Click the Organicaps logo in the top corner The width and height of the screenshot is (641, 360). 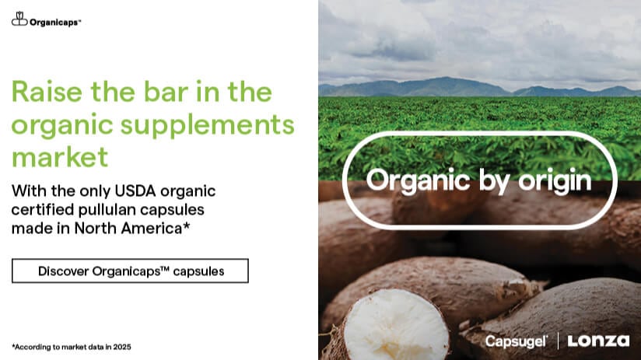[46, 21]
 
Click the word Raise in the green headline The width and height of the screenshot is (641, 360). [47, 93]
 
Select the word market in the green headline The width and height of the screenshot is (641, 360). [59, 156]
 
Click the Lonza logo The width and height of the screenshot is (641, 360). [599, 341]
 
